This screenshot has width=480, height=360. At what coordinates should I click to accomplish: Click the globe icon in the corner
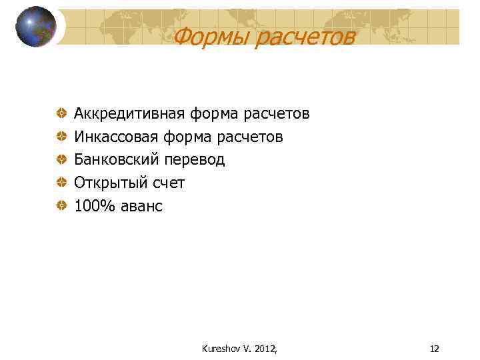pyautogui.click(x=36, y=27)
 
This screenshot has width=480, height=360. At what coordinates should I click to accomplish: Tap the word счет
pyautogui.click(x=170, y=183)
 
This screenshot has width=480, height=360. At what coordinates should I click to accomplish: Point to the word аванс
pyautogui.click(x=141, y=206)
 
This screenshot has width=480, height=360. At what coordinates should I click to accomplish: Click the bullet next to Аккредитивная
pyautogui.click(x=61, y=114)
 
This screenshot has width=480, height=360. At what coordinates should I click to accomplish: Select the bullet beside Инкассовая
pyautogui.click(x=61, y=137)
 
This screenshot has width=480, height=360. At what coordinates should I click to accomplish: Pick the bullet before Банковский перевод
pyautogui.click(x=61, y=160)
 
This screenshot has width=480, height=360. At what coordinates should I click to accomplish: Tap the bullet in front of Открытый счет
pyautogui.click(x=61, y=183)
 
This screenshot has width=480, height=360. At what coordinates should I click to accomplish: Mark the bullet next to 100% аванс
pyautogui.click(x=61, y=206)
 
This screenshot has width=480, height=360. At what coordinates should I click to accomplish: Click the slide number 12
pyautogui.click(x=435, y=348)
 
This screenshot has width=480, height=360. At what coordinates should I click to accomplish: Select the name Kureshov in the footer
pyautogui.click(x=217, y=348)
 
